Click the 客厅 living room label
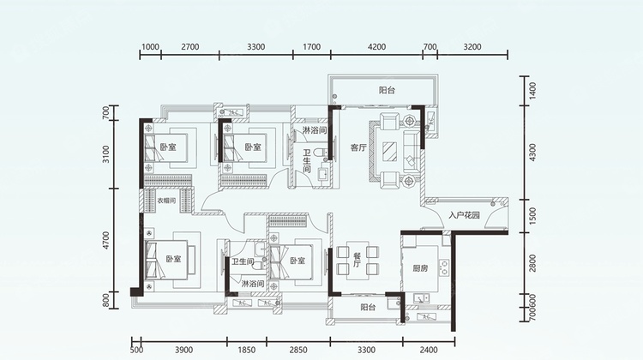[358, 147]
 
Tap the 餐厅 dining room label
[357, 260]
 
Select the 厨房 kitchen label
[420, 268]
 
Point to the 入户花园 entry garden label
[464, 215]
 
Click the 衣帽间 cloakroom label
[166, 201]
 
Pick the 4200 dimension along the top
[376, 47]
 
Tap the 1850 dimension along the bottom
[246, 350]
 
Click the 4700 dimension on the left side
[106, 240]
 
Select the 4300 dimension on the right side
[532, 152]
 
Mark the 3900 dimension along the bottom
[183, 350]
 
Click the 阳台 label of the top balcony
[387, 90]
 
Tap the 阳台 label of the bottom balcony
[368, 307]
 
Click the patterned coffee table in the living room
[390, 152]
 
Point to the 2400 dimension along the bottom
[429, 350]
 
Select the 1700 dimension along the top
[312, 47]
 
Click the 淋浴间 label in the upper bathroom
[315, 131]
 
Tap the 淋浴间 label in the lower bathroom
[253, 284]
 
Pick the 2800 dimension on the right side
[532, 263]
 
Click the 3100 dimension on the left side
[106, 154]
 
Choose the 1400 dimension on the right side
[532, 91]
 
